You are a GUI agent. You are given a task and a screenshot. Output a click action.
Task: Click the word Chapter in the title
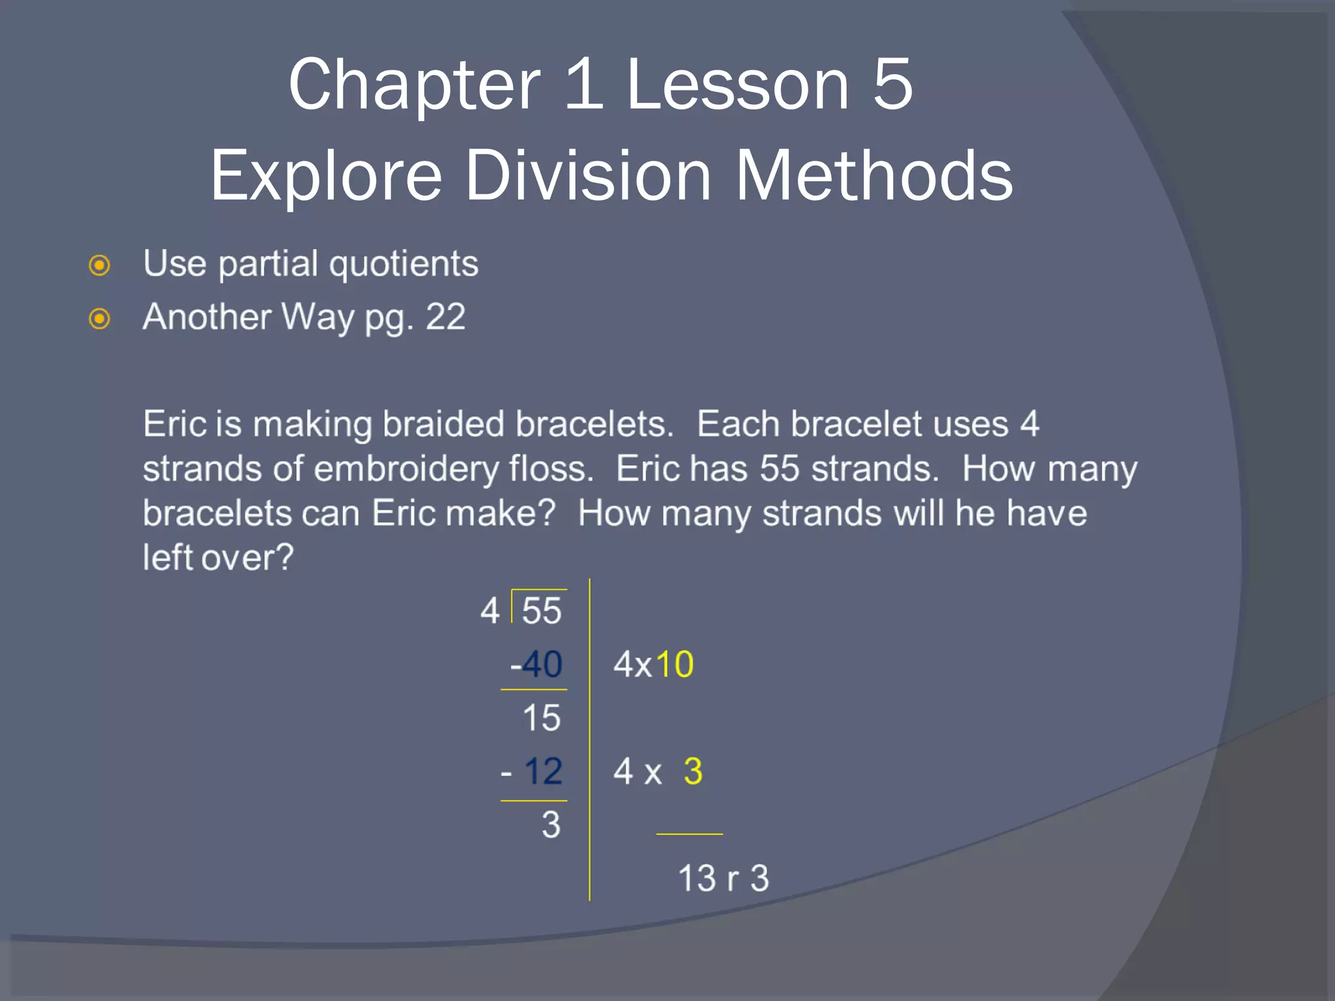415,85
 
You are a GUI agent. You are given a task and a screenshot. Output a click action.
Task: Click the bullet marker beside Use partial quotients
99,265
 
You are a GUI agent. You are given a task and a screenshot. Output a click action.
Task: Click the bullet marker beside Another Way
99,319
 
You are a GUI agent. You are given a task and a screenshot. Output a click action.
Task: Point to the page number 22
445,317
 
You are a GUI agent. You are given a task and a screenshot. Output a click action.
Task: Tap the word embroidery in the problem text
406,469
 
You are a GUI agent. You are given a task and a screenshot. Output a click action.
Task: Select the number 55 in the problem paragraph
779,469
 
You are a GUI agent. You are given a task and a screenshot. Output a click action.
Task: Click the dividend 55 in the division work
541,611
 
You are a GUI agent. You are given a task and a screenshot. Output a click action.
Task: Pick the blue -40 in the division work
536,664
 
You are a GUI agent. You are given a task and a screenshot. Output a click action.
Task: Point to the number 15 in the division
541,718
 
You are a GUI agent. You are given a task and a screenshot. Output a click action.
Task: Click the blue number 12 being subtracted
543,771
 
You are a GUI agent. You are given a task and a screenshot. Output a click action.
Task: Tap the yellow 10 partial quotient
675,664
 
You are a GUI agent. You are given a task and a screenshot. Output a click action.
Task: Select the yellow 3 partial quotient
693,771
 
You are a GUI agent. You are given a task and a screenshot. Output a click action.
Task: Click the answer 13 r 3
724,878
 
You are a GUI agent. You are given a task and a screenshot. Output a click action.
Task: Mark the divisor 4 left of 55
490,611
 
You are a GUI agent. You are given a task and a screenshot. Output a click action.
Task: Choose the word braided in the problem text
443,424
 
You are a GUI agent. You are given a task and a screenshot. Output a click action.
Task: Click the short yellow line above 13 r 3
689,834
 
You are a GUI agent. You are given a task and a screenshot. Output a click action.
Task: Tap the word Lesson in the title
737,85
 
